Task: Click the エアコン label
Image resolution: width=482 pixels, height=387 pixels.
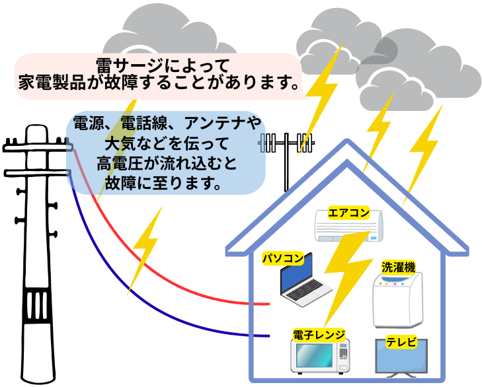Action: [347, 214]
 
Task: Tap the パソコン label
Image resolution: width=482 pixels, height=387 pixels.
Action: [282, 258]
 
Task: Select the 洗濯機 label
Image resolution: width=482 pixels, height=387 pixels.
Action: [398, 267]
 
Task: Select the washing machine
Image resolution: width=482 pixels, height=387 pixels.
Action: [397, 300]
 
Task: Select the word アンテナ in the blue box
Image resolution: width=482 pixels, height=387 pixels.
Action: [205, 123]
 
